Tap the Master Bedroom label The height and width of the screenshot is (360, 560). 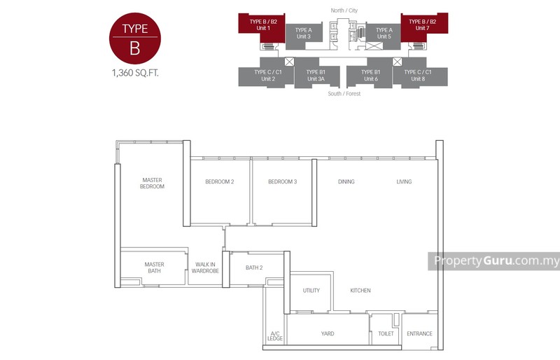coord(152,183)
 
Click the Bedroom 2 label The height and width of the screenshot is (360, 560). coord(219,182)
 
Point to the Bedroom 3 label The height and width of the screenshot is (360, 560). coord(283,182)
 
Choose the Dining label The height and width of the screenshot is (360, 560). coord(346,182)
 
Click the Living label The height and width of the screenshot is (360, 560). coord(404,182)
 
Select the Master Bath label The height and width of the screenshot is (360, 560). coord(154,268)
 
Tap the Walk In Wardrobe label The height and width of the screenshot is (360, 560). coord(205,268)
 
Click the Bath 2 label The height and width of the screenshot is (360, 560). coord(254,268)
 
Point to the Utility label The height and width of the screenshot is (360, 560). coord(311,291)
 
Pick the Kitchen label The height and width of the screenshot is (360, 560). coord(360,291)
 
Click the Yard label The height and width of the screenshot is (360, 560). coord(328,334)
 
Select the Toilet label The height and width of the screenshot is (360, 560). coord(385,334)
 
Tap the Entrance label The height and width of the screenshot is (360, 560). coord(419,334)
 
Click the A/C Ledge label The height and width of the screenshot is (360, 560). coord(274,337)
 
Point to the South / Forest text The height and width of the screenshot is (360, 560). coord(344,93)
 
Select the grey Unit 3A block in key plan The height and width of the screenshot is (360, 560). coord(316,76)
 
